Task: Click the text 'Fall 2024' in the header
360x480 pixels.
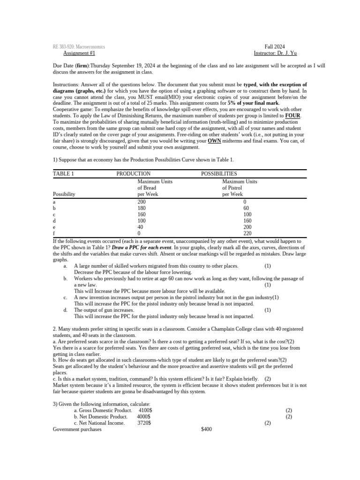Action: (275, 47)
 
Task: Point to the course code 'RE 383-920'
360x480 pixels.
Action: (65, 47)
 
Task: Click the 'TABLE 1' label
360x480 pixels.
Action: (63, 173)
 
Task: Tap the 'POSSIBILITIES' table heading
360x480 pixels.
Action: (219, 173)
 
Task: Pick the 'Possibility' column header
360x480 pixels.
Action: (64, 194)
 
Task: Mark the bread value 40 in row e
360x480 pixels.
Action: (140, 227)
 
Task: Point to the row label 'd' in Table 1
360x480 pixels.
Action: (55, 220)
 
